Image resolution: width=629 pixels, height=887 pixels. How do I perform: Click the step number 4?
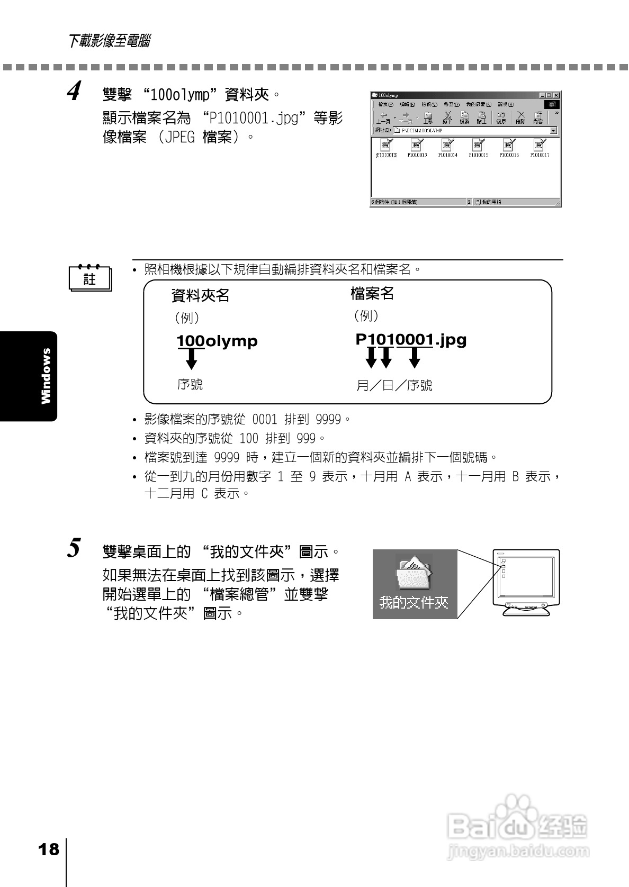tap(74, 91)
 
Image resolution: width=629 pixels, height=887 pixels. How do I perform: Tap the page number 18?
tap(49, 850)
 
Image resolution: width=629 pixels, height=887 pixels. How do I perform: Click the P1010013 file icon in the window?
tap(417, 144)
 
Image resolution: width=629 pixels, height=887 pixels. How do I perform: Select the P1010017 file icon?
tap(540, 144)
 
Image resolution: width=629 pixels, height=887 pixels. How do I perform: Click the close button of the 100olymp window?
tap(556, 95)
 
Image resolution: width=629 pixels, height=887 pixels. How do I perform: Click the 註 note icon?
tap(89, 278)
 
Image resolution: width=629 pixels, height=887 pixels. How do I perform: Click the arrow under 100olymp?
tap(192, 359)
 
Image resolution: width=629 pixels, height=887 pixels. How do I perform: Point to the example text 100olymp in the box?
tap(217, 341)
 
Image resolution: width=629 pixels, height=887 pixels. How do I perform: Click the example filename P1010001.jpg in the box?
tap(411, 339)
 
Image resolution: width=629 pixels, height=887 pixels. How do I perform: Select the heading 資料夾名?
tap(200, 295)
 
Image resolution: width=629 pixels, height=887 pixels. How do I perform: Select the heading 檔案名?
tap(372, 293)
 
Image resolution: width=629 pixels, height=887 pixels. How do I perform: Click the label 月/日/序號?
tap(394, 385)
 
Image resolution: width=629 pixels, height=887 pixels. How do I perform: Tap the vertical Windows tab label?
tap(47, 376)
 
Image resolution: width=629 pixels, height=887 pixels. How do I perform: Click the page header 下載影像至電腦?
tap(109, 41)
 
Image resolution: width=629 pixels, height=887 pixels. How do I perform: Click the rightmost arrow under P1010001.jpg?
tap(415, 358)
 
